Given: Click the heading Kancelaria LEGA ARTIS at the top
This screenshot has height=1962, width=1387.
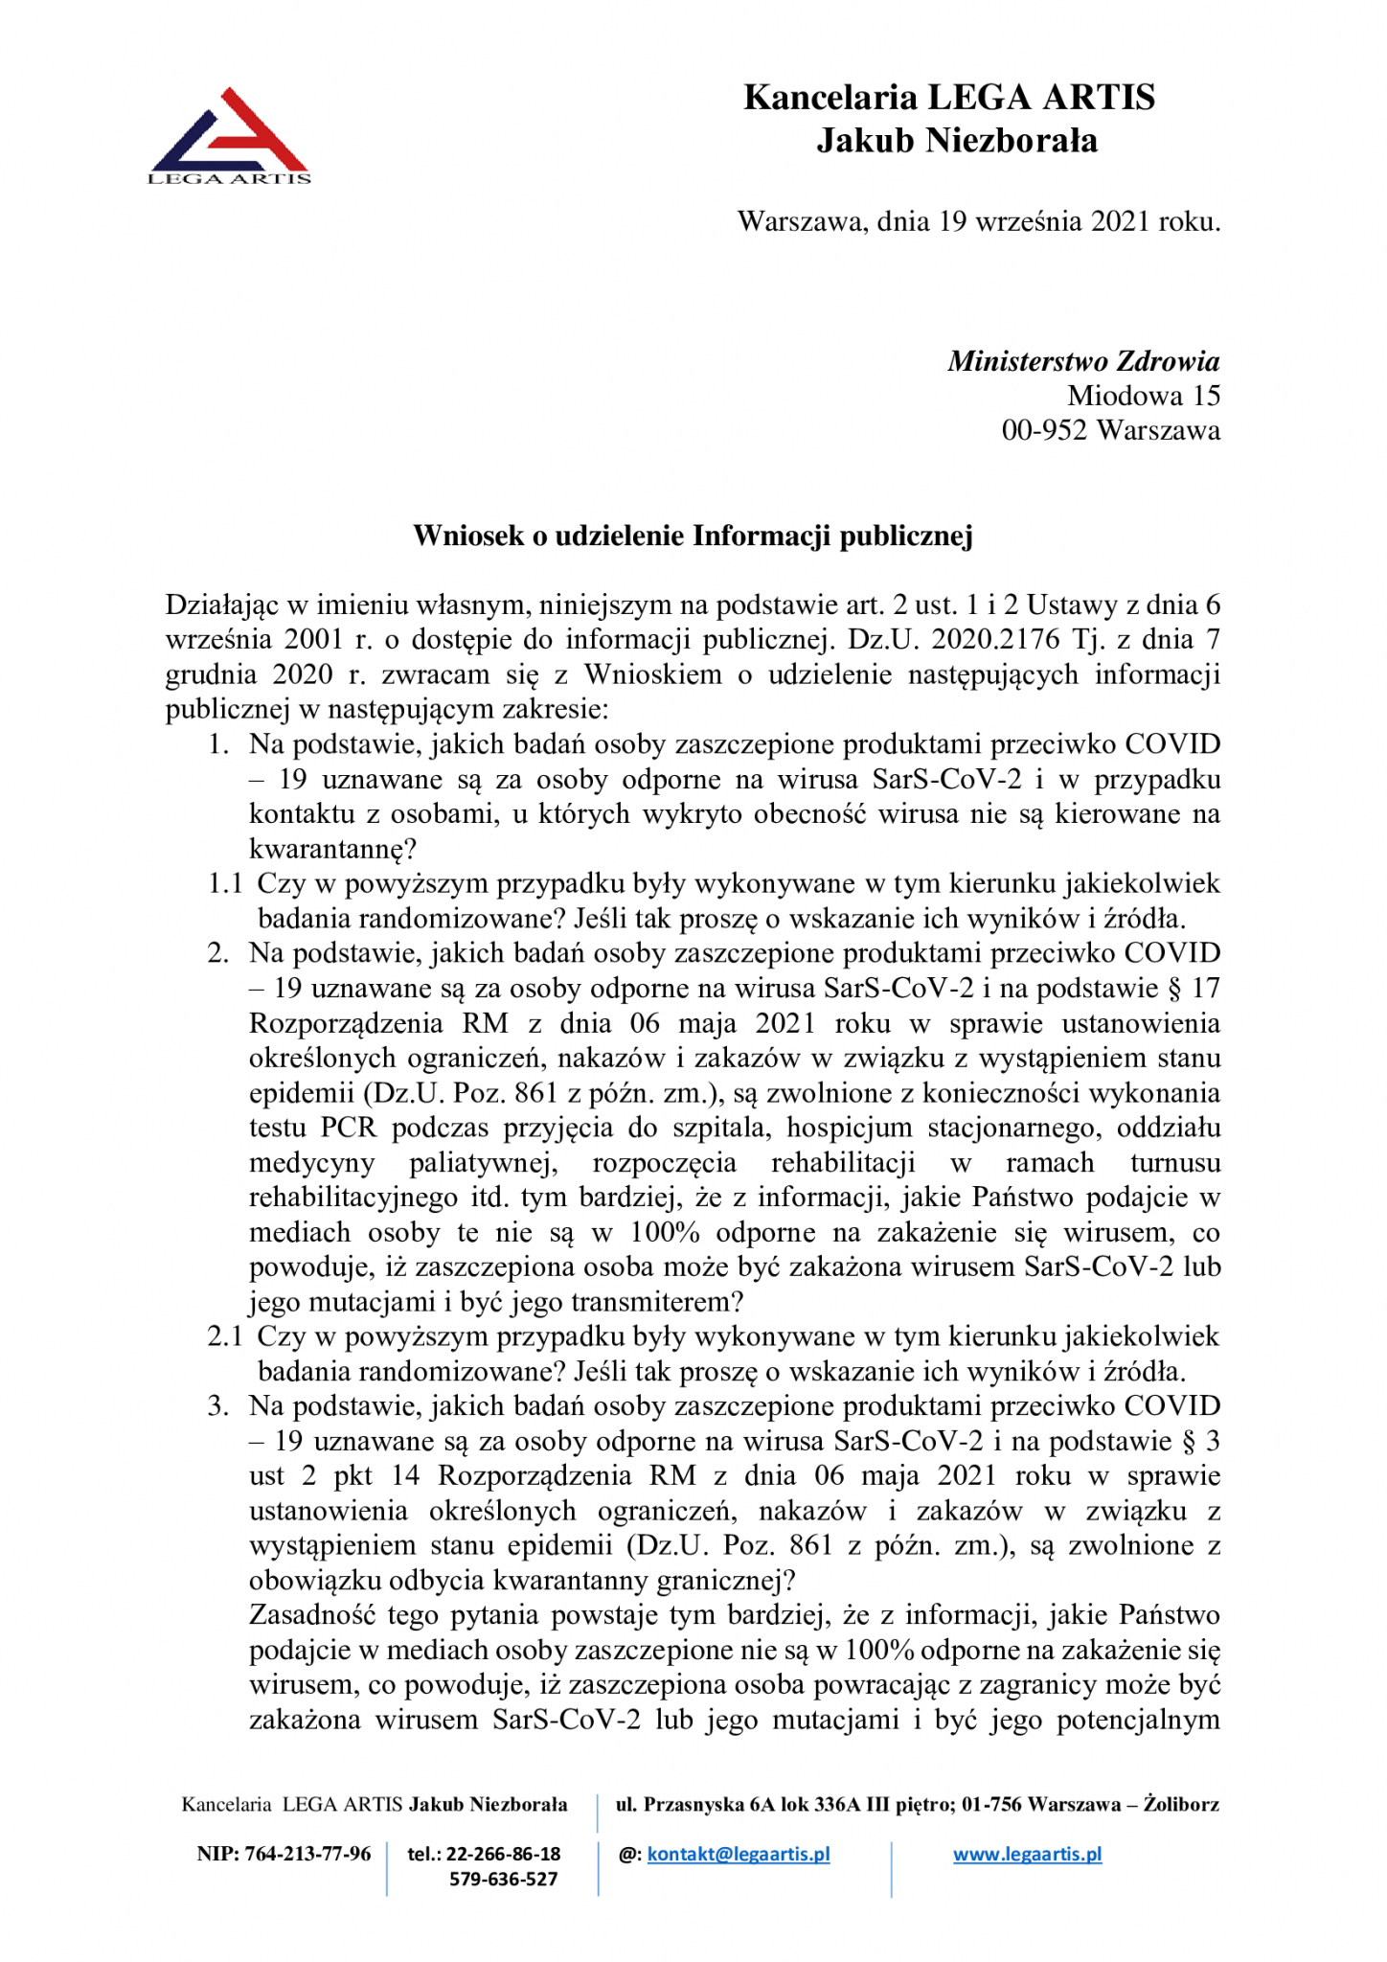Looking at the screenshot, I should [x=949, y=98].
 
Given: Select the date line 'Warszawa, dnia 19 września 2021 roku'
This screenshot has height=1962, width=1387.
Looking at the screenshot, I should [x=978, y=221].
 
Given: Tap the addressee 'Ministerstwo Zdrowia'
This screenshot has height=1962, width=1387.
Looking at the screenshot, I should [x=1083, y=361].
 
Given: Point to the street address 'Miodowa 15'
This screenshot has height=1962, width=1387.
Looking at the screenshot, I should [x=1144, y=396].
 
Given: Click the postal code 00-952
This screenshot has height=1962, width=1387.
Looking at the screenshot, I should [x=1044, y=430].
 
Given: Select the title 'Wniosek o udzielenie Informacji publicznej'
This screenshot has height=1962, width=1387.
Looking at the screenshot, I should [x=693, y=536].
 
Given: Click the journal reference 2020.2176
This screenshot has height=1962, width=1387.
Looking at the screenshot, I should [x=995, y=640].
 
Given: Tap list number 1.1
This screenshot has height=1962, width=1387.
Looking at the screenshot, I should [x=225, y=883].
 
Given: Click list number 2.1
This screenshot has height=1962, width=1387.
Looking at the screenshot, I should [x=225, y=1336].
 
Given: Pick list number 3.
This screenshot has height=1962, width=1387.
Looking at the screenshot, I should [x=218, y=1406].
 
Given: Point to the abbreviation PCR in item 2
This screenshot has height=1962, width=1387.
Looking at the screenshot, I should [x=349, y=1128].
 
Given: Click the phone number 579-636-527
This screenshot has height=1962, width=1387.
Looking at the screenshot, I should [x=503, y=1879].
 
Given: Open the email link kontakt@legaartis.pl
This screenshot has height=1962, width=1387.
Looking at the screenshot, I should [x=739, y=1854].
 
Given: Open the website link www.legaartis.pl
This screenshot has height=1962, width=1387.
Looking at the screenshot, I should [x=1027, y=1854].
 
